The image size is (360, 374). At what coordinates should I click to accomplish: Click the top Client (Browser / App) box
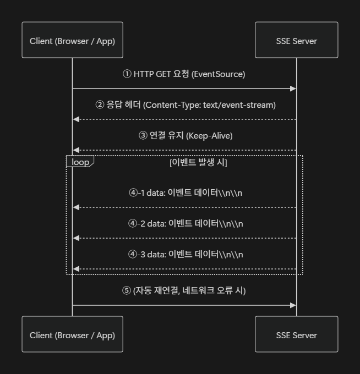coord(72,41)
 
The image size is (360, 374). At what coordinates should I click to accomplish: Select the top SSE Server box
coord(296,41)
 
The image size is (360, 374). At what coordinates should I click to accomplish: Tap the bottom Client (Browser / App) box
coord(72,334)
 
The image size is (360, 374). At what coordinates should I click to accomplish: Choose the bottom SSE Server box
coord(296,334)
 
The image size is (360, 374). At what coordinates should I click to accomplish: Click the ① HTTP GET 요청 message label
coord(183,74)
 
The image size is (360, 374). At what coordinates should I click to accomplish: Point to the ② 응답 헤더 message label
coord(185,105)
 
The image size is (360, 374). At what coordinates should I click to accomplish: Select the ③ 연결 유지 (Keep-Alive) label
coord(185,135)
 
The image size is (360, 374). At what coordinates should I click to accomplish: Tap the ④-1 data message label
coord(186,193)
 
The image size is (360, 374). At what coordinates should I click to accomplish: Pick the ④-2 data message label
coord(186,223)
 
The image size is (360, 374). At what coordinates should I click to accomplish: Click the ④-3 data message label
coord(186,254)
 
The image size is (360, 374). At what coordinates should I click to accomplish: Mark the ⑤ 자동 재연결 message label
coord(184,290)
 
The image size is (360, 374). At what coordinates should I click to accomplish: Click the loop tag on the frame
coord(80,162)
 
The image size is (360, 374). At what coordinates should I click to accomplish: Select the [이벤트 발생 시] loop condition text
coord(198,163)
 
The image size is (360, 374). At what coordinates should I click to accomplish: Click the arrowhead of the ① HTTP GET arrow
coord(294,88)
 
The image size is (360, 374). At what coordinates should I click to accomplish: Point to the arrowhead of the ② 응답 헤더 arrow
coord(75,119)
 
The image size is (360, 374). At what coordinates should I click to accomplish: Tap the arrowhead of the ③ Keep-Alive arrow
coord(75,150)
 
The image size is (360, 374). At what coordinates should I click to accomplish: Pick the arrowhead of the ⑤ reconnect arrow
coord(294,305)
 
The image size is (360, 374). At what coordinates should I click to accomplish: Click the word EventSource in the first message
coord(219,74)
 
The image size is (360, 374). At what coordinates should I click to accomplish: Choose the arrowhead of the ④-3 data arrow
coord(75,268)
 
